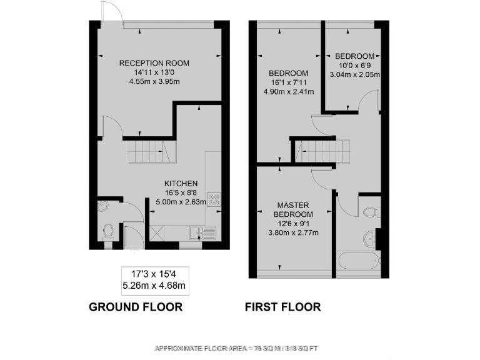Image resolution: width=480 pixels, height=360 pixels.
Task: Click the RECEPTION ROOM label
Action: point(154,63)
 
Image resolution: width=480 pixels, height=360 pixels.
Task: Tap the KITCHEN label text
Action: point(181,183)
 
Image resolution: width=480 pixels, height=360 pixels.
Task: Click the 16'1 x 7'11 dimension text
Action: point(289,82)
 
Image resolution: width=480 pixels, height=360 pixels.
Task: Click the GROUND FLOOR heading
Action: point(136,307)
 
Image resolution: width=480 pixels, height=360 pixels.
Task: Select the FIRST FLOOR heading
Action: point(282,307)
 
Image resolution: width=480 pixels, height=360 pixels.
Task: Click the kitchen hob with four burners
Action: point(214,201)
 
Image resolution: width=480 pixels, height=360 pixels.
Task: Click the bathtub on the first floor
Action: point(357,259)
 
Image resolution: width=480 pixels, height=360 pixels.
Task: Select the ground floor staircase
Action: point(149,152)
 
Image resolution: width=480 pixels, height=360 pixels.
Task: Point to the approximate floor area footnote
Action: point(240,347)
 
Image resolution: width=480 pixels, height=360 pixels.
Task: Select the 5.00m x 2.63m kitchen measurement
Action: point(181,201)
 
